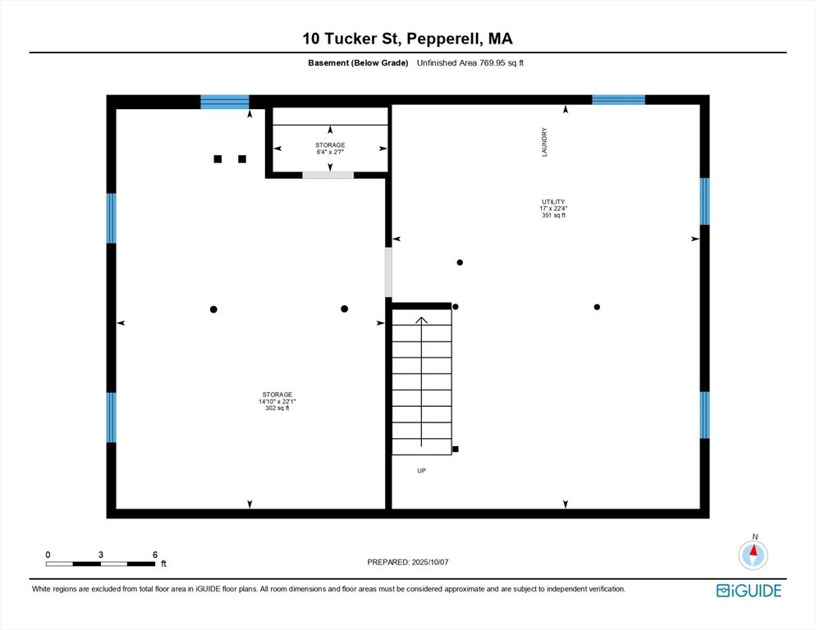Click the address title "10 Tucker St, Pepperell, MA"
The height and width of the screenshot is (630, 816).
point(407,39)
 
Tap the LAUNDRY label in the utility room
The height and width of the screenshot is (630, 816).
point(544,141)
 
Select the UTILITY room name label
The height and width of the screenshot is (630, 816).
point(552,202)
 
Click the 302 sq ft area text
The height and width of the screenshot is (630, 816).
point(277,408)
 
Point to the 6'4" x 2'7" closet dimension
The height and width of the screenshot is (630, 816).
point(330,152)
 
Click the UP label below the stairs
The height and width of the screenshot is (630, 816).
point(421,471)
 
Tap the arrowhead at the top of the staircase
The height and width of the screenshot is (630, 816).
point(422,321)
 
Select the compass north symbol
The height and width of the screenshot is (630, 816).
point(753,555)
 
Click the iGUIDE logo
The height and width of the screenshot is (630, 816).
point(748,591)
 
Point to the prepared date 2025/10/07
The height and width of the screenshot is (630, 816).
point(408,562)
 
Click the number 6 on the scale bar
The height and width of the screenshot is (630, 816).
point(154,555)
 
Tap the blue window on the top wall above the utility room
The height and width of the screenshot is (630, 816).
point(618,100)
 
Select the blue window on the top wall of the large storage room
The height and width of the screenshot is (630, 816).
point(225,103)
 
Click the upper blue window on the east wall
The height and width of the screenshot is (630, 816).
point(704,201)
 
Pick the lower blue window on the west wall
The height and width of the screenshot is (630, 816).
point(111,417)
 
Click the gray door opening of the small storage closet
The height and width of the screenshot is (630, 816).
point(328,175)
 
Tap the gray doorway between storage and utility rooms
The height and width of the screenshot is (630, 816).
point(388,272)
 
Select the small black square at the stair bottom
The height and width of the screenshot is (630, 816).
point(456,449)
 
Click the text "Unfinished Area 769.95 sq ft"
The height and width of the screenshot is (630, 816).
point(470,63)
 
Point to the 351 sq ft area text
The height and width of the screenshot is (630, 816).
point(552,215)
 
